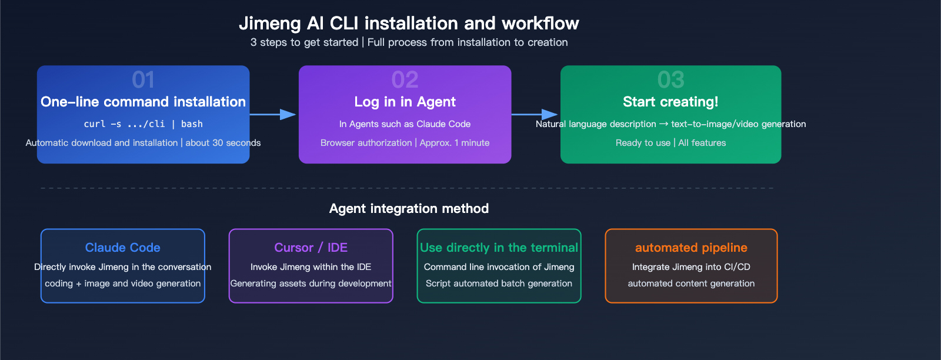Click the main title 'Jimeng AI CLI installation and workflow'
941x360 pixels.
coord(409,23)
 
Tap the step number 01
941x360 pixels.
coord(143,80)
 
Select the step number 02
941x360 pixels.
coord(405,80)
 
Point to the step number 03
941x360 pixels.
coord(670,80)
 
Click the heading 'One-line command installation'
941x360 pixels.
coord(143,102)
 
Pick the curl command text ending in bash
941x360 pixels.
coord(143,124)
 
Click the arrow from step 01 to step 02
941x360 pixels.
coord(273,114)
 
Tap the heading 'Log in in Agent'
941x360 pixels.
coord(405,102)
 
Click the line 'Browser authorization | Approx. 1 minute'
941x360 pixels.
coord(405,143)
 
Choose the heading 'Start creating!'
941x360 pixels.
coord(670,102)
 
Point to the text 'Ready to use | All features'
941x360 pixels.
coord(670,143)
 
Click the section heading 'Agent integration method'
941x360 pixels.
coord(409,209)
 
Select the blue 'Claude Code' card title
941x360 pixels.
coord(122,248)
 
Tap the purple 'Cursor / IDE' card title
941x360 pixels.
coord(311,248)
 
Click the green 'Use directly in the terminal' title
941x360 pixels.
coord(499,248)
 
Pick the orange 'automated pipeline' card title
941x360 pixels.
coord(691,248)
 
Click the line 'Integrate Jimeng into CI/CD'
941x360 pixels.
coord(691,267)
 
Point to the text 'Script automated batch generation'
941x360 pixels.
coord(499,284)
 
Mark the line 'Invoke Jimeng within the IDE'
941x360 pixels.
coord(311,267)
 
